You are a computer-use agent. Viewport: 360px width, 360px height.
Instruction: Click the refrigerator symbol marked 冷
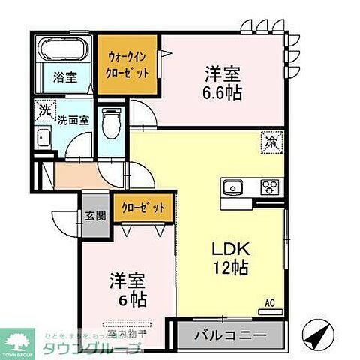[270, 139]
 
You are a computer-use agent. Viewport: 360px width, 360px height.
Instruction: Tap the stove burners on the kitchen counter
[269, 187]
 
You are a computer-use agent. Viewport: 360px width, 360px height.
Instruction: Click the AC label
[269, 303]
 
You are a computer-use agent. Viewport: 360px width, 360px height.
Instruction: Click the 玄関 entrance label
[95, 215]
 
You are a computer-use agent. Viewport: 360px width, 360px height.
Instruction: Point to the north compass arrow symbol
[318, 332]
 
